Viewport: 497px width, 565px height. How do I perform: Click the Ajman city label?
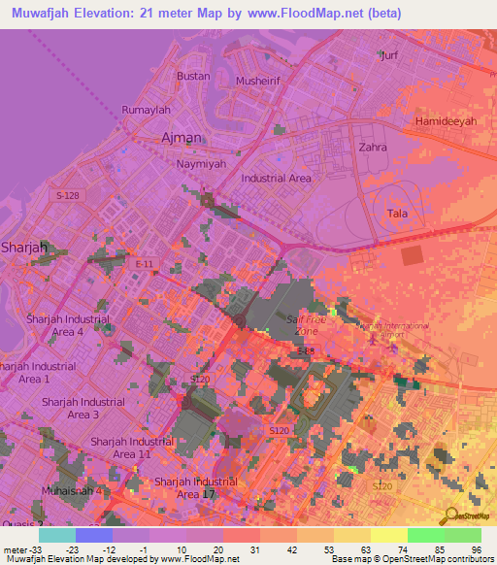coord(182,137)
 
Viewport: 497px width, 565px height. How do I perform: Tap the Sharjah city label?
coord(23,247)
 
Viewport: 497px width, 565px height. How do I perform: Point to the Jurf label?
coord(389,55)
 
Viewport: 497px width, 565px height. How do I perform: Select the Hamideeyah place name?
coord(446,121)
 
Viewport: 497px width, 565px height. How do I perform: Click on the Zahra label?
coord(372,148)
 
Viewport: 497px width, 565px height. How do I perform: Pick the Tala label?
coord(397,214)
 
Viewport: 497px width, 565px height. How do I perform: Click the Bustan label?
coord(193,76)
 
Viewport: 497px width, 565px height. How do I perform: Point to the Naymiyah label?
coord(200,165)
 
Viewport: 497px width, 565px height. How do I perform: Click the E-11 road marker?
coord(144,264)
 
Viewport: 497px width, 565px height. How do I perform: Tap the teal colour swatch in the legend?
coord(56,534)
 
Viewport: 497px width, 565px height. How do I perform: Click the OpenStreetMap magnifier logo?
coord(451,515)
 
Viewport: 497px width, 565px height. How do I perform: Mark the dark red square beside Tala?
coord(413,254)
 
